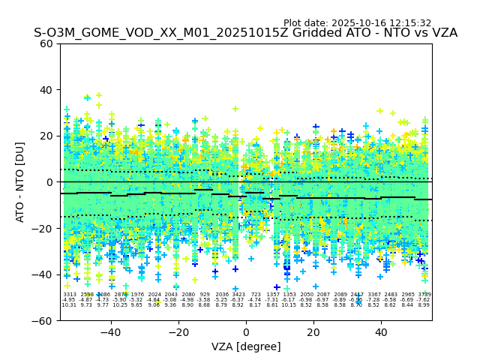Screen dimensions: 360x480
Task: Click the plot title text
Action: pos(245,33)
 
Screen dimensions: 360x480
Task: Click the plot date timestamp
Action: pos(357,23)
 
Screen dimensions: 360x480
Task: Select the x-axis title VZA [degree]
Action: pos(246,346)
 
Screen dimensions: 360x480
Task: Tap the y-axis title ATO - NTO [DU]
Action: pos(20,182)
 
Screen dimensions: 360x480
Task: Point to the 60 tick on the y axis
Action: pos(46,43)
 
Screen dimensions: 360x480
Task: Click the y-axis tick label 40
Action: pos(46,90)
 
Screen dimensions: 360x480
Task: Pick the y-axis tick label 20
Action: pos(46,136)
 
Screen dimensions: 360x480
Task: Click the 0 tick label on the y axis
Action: pos(49,182)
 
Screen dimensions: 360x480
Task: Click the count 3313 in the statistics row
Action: pos(69,295)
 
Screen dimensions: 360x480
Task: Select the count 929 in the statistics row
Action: pos(205,295)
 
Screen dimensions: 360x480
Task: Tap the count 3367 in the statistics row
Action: pos(374,295)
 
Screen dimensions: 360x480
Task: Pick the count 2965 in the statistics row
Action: pos(408,295)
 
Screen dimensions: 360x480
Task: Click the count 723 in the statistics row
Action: pos(256,295)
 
